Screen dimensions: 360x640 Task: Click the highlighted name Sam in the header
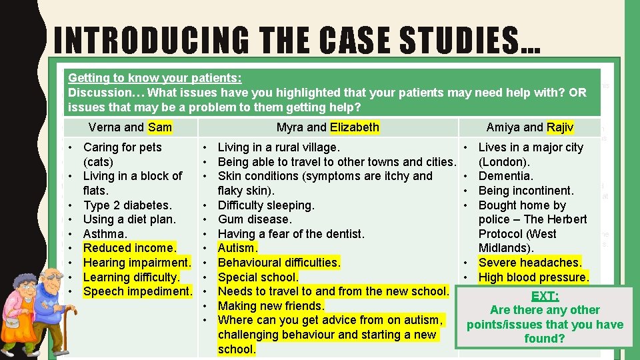[x=160, y=127]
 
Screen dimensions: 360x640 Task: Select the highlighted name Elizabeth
[x=355, y=127]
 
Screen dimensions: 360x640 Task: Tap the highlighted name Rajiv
[x=560, y=127]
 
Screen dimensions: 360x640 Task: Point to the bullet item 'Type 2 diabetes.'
[x=127, y=205]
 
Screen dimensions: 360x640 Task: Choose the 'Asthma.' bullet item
[x=104, y=234]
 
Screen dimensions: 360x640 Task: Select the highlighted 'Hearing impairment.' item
[x=137, y=263]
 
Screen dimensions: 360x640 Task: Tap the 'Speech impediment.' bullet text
[x=137, y=291]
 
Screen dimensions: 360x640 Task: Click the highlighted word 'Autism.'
[x=238, y=248]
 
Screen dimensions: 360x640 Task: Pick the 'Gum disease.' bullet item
[x=255, y=219]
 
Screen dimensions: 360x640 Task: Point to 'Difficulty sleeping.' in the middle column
[x=266, y=205]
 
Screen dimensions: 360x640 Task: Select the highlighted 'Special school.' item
[x=258, y=277]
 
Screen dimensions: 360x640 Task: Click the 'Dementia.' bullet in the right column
[x=506, y=176]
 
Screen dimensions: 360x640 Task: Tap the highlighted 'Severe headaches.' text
[x=530, y=263]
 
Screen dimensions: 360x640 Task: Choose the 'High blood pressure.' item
[x=534, y=277]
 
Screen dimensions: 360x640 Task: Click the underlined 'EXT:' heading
[x=545, y=296]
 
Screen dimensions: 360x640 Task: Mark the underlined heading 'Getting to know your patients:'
[x=155, y=78]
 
